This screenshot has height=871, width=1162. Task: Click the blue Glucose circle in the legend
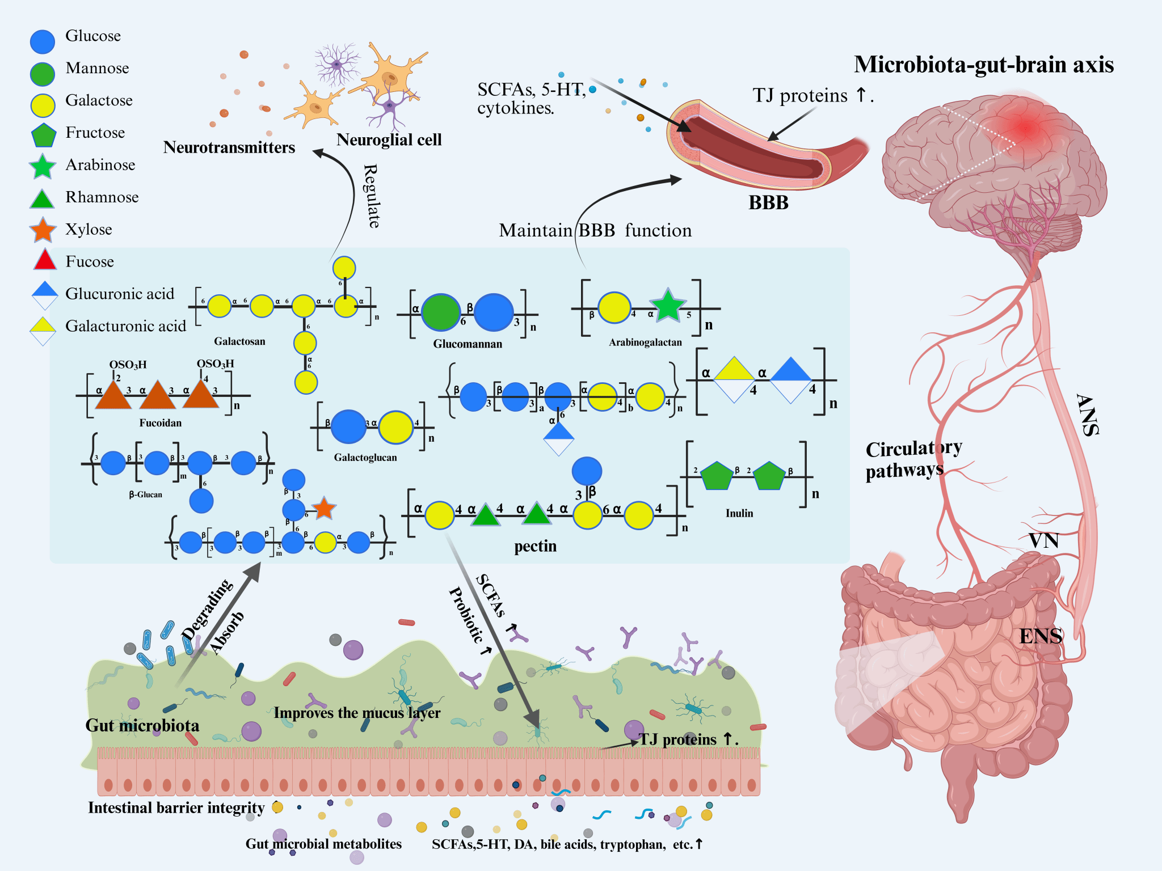point(43,41)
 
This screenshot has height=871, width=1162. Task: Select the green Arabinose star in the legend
point(43,166)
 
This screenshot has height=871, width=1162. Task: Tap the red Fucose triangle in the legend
point(45,260)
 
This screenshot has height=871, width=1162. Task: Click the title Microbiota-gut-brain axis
point(984,65)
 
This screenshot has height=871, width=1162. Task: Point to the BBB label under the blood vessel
point(768,202)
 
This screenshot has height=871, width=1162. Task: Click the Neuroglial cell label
point(389,139)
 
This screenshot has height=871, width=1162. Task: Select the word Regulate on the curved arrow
point(372,196)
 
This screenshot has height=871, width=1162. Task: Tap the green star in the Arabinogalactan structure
point(668,306)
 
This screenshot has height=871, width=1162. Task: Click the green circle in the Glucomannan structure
point(440,312)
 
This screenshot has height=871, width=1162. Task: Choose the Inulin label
point(739,513)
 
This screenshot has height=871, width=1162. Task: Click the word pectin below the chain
point(535,546)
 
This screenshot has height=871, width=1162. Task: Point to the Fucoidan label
point(161,423)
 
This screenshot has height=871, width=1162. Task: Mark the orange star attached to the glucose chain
point(323,508)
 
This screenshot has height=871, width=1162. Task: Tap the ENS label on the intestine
point(1041,636)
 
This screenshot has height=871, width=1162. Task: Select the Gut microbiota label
point(142,725)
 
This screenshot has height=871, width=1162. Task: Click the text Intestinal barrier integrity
point(176,807)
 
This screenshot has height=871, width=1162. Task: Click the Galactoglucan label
point(365,458)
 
